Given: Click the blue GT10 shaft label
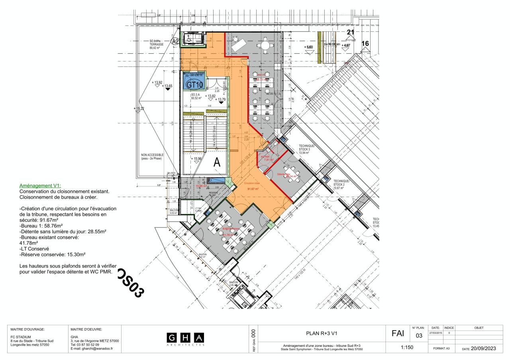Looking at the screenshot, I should pyautogui.click(x=195, y=84).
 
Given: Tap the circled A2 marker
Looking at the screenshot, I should pyautogui.click(x=175, y=41).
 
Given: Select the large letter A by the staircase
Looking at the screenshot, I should pyautogui.click(x=217, y=162).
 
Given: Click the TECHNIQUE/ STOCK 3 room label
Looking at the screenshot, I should pyautogui.click(x=307, y=149).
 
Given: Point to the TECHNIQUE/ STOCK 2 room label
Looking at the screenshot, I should pyautogui.click(x=341, y=184).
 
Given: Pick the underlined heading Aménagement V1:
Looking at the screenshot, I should pyautogui.click(x=40, y=186).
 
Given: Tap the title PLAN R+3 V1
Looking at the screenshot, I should pyautogui.click(x=322, y=333).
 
